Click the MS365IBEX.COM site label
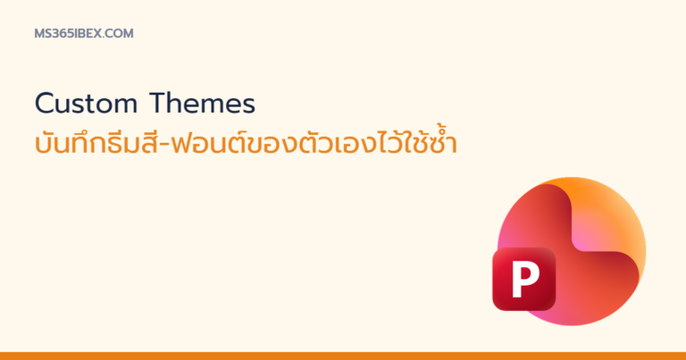84,34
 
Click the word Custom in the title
86,104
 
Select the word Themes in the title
202,104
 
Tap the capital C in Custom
44,104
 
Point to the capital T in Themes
158,104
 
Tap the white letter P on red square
525,279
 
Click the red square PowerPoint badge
524,279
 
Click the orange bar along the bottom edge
343,356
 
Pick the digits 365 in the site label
62,34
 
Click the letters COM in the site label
119,34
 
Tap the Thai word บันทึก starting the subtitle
63,142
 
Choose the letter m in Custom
125,106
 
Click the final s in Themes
248,106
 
